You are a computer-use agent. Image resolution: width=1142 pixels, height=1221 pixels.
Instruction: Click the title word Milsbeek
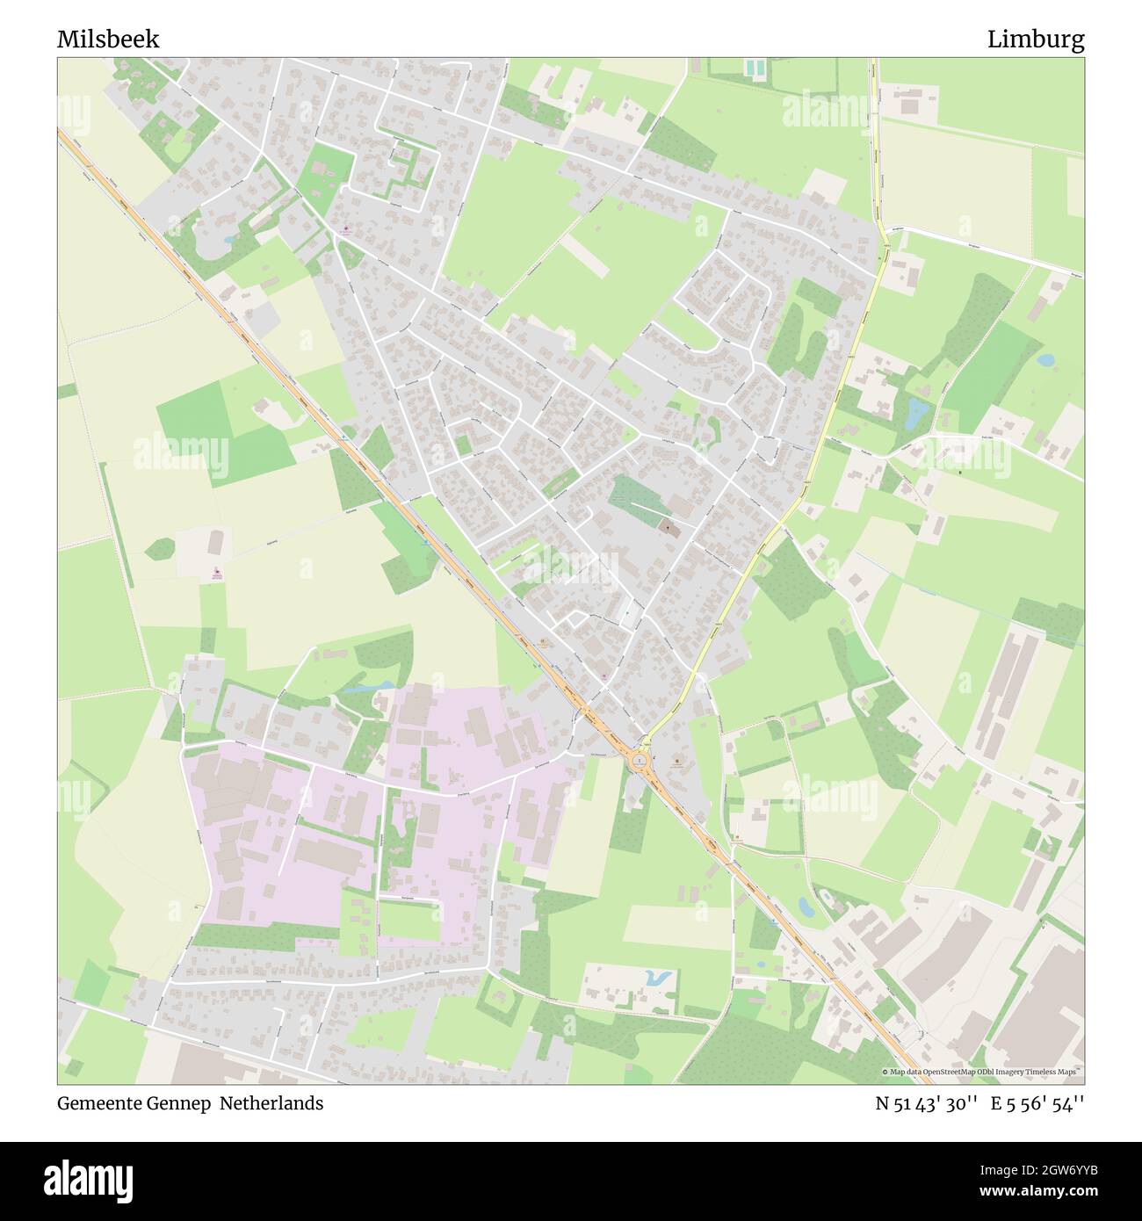(108, 40)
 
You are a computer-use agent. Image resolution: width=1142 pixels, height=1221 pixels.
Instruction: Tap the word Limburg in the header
(1035, 40)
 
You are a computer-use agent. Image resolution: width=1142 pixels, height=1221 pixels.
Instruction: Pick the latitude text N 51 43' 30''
(927, 1103)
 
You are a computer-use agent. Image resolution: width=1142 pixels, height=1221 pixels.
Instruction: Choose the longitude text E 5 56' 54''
(1037, 1103)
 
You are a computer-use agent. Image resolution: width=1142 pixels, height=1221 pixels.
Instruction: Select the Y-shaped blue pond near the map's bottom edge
(657, 976)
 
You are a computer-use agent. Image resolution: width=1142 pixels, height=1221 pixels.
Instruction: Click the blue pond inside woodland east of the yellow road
(915, 411)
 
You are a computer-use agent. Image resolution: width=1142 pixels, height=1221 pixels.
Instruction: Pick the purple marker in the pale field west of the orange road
(217, 574)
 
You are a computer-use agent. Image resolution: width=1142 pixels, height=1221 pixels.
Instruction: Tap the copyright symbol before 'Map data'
(885, 1073)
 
